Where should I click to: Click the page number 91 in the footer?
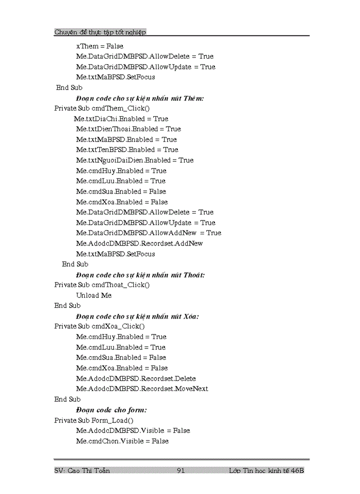181,470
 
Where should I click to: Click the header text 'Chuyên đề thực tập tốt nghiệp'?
100,32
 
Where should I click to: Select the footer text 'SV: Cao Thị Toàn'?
82,470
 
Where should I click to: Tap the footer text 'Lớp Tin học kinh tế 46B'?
266,470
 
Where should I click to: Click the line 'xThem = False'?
100,46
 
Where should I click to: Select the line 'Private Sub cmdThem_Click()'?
102,108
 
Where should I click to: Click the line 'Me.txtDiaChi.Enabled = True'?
121,118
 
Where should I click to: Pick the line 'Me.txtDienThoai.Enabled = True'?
128,129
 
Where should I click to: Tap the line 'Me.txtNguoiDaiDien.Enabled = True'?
135,160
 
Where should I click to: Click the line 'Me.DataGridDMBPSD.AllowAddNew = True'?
149,233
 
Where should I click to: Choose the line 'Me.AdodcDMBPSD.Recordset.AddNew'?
139,243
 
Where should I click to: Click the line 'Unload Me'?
94,295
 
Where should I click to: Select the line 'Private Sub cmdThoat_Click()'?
102,285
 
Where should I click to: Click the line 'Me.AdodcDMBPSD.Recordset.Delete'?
136,378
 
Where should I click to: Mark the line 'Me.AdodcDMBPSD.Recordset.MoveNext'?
142,389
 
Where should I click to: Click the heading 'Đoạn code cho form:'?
111,410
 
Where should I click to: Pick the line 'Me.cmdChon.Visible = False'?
122,441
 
